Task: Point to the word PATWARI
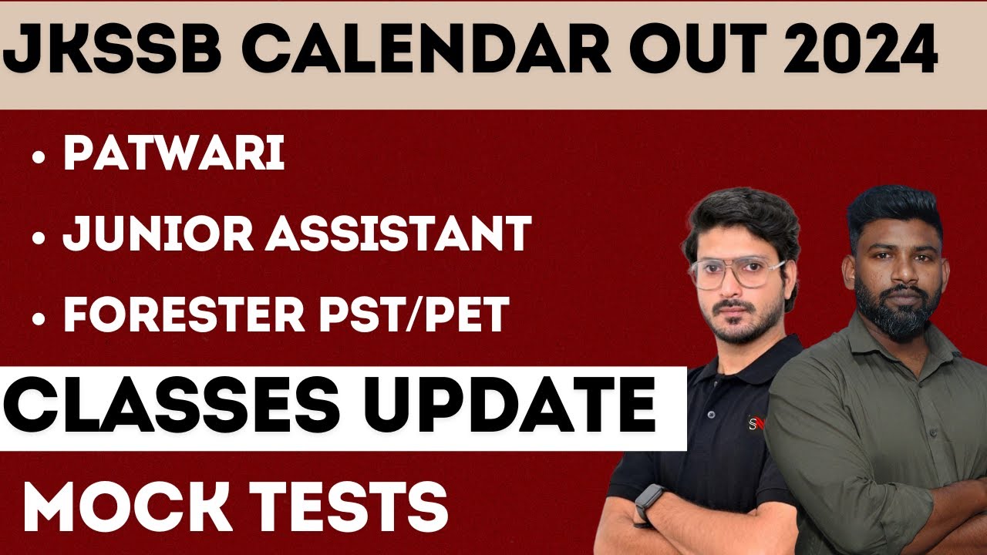tap(173, 154)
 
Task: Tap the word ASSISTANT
tap(398, 234)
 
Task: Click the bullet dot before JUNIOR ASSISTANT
tap(38, 240)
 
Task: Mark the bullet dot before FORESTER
tap(38, 319)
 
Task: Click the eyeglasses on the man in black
tap(736, 272)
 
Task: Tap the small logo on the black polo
tap(755, 422)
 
